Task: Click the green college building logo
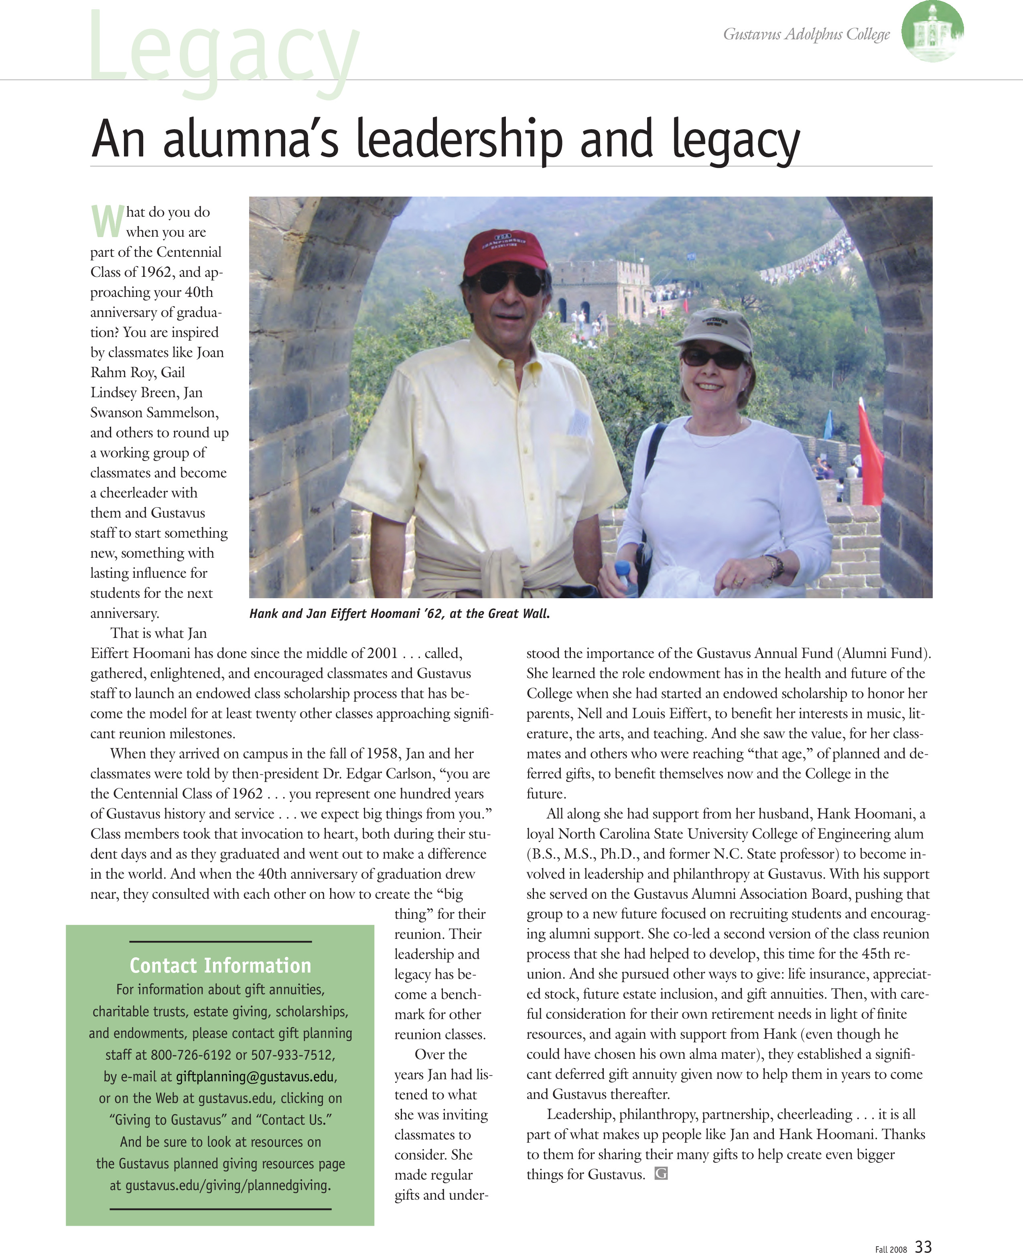[932, 32]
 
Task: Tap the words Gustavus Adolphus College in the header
[806, 34]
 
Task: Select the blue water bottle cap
[622, 568]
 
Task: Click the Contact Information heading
[220, 965]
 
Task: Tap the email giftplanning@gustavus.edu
[255, 1077]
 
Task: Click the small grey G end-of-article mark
[661, 1174]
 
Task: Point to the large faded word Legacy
[224, 50]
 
